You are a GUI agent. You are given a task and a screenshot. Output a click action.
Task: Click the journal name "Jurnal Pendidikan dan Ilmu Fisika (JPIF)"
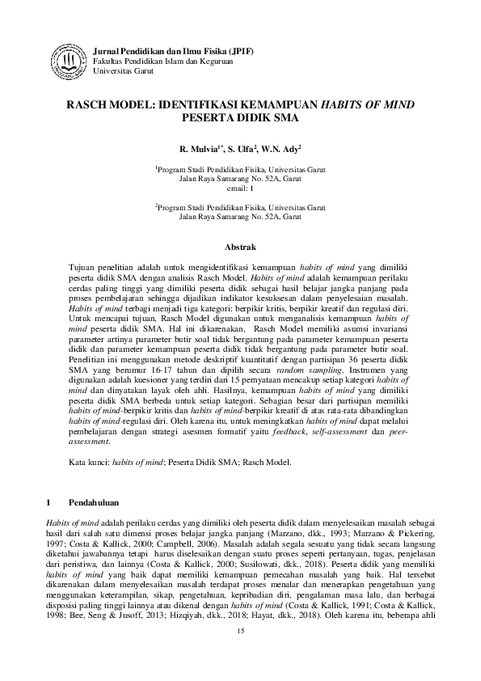click(174, 51)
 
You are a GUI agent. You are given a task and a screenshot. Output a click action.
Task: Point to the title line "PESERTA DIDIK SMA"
click(240, 116)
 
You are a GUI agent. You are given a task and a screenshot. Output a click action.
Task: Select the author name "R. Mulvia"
click(198, 149)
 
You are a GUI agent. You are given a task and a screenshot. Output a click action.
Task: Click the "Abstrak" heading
click(240, 245)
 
